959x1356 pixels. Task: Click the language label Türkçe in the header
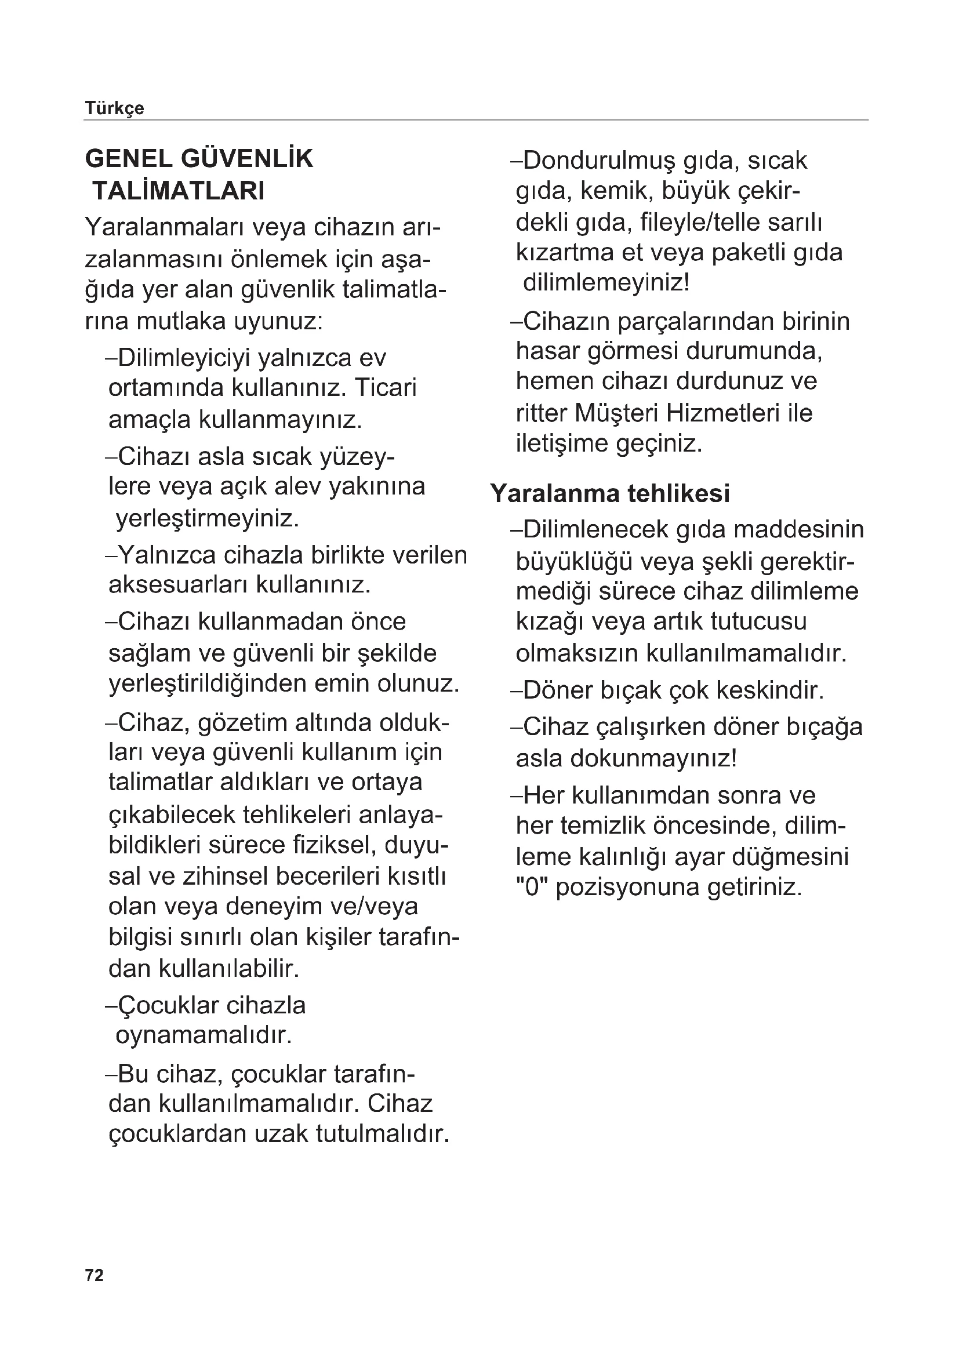click(115, 108)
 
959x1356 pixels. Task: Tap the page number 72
click(95, 1275)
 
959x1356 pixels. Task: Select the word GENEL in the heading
click(128, 159)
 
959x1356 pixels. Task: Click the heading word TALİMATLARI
click(179, 191)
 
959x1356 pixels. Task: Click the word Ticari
click(386, 388)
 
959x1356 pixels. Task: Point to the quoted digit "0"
click(532, 887)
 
